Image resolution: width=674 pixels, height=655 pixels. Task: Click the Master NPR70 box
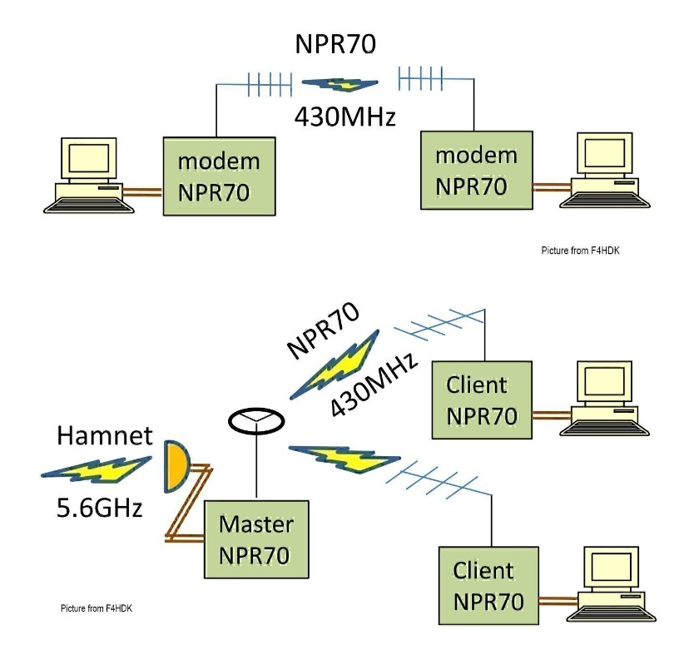[257, 539]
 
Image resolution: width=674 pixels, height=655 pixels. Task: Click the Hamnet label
[105, 435]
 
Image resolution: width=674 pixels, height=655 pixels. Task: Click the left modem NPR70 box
[218, 176]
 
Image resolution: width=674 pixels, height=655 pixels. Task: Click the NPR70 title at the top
[335, 43]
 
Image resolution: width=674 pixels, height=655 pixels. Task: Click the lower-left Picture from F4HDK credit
[97, 608]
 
